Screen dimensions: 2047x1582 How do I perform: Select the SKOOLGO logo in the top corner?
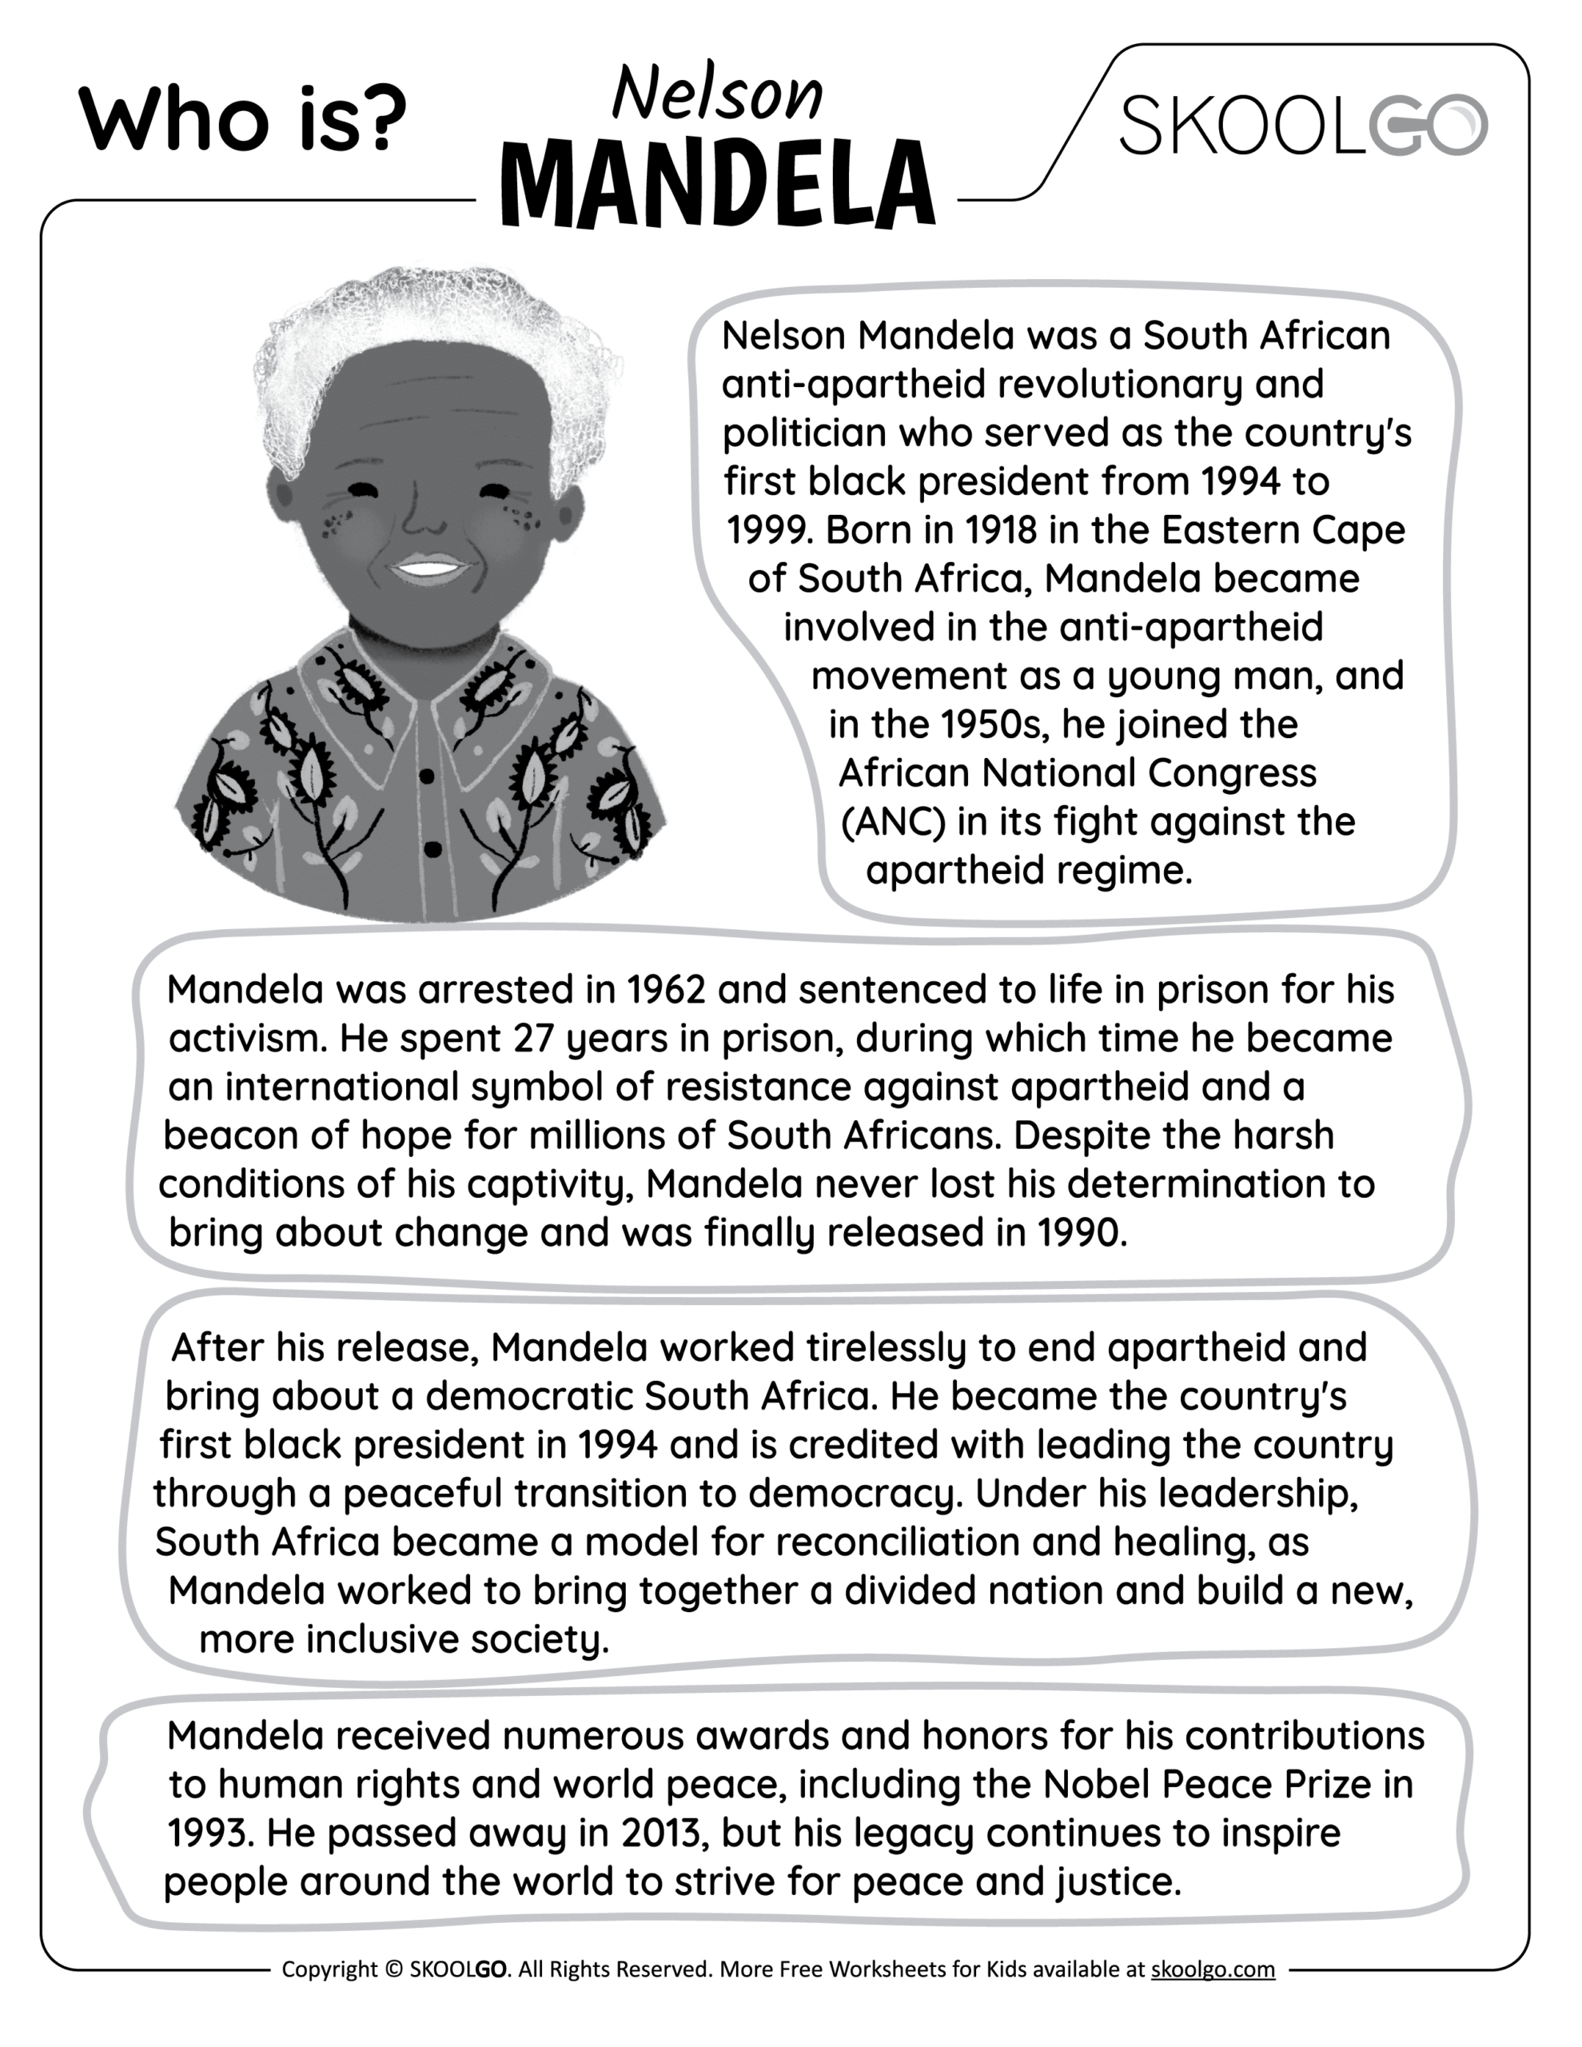pyautogui.click(x=1303, y=126)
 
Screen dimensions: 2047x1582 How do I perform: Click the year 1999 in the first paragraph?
pyautogui.click(x=766, y=530)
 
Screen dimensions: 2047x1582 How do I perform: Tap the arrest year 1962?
pyautogui.click(x=665, y=990)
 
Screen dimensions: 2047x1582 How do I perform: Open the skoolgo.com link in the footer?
pyautogui.click(x=1212, y=1969)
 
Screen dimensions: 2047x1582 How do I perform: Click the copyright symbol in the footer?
pyautogui.click(x=393, y=1969)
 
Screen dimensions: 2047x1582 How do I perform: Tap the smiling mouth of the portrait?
pyautogui.click(x=428, y=568)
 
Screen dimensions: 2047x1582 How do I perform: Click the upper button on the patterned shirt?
pyautogui.click(x=426, y=776)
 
